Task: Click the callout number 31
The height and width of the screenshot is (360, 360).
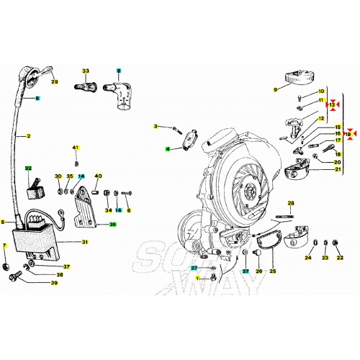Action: (x=84, y=242)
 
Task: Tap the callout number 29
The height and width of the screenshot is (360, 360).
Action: (x=54, y=81)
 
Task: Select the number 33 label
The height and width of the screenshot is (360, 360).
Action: (x=86, y=71)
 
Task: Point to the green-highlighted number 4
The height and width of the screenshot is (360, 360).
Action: (x=167, y=148)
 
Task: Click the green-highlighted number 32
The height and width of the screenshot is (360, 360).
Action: (x=29, y=168)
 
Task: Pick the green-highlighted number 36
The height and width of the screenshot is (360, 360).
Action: (x=112, y=225)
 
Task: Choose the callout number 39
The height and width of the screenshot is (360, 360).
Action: (x=53, y=283)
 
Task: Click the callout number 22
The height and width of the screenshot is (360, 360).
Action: (x=341, y=257)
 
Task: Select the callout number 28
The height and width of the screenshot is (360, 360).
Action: (x=291, y=203)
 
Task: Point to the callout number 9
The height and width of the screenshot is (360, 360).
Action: (x=275, y=89)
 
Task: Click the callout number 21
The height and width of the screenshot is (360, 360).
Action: (x=338, y=169)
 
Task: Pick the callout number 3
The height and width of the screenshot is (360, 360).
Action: (x=155, y=127)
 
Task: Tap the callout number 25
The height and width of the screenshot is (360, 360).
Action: (x=272, y=271)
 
